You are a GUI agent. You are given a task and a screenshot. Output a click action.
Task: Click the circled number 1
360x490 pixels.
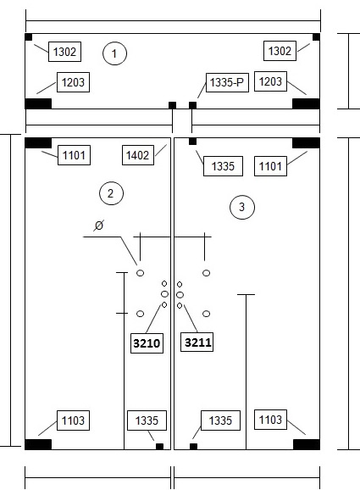[114, 53]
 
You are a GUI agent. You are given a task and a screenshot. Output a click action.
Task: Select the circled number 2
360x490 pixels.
[111, 193]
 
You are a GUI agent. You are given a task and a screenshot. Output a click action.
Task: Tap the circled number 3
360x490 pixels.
[242, 207]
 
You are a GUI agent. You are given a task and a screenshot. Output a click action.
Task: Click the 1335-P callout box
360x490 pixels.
[227, 82]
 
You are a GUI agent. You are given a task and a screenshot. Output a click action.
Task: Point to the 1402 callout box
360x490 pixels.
[138, 154]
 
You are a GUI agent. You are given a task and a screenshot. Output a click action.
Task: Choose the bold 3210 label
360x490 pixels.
[147, 343]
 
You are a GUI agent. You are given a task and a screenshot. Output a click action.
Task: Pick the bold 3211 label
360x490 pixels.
[197, 342]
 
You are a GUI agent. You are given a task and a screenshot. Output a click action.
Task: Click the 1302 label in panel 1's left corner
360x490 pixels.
[64, 52]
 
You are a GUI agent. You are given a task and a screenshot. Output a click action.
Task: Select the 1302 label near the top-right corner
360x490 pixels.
[280, 51]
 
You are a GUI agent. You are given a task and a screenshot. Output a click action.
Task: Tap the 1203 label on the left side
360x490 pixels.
[73, 82]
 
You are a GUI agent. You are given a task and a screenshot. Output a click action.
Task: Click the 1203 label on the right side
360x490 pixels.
[270, 81]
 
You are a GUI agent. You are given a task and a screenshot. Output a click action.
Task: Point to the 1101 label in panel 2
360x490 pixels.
[74, 155]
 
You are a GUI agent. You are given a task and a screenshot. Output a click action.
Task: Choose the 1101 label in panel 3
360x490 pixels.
[270, 166]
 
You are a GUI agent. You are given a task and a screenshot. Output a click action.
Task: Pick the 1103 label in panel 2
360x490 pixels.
[73, 420]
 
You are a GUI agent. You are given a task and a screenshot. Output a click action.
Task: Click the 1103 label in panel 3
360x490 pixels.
[270, 420]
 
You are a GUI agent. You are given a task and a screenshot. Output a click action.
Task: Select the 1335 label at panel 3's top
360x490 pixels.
[223, 166]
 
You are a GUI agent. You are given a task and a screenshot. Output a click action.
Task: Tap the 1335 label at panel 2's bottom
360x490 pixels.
[147, 420]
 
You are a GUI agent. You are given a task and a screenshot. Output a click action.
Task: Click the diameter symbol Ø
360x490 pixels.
[98, 226]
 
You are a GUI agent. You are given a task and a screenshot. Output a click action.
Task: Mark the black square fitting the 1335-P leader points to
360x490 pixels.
[192, 105]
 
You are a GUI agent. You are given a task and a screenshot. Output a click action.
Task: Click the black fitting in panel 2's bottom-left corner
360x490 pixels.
[38, 444]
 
